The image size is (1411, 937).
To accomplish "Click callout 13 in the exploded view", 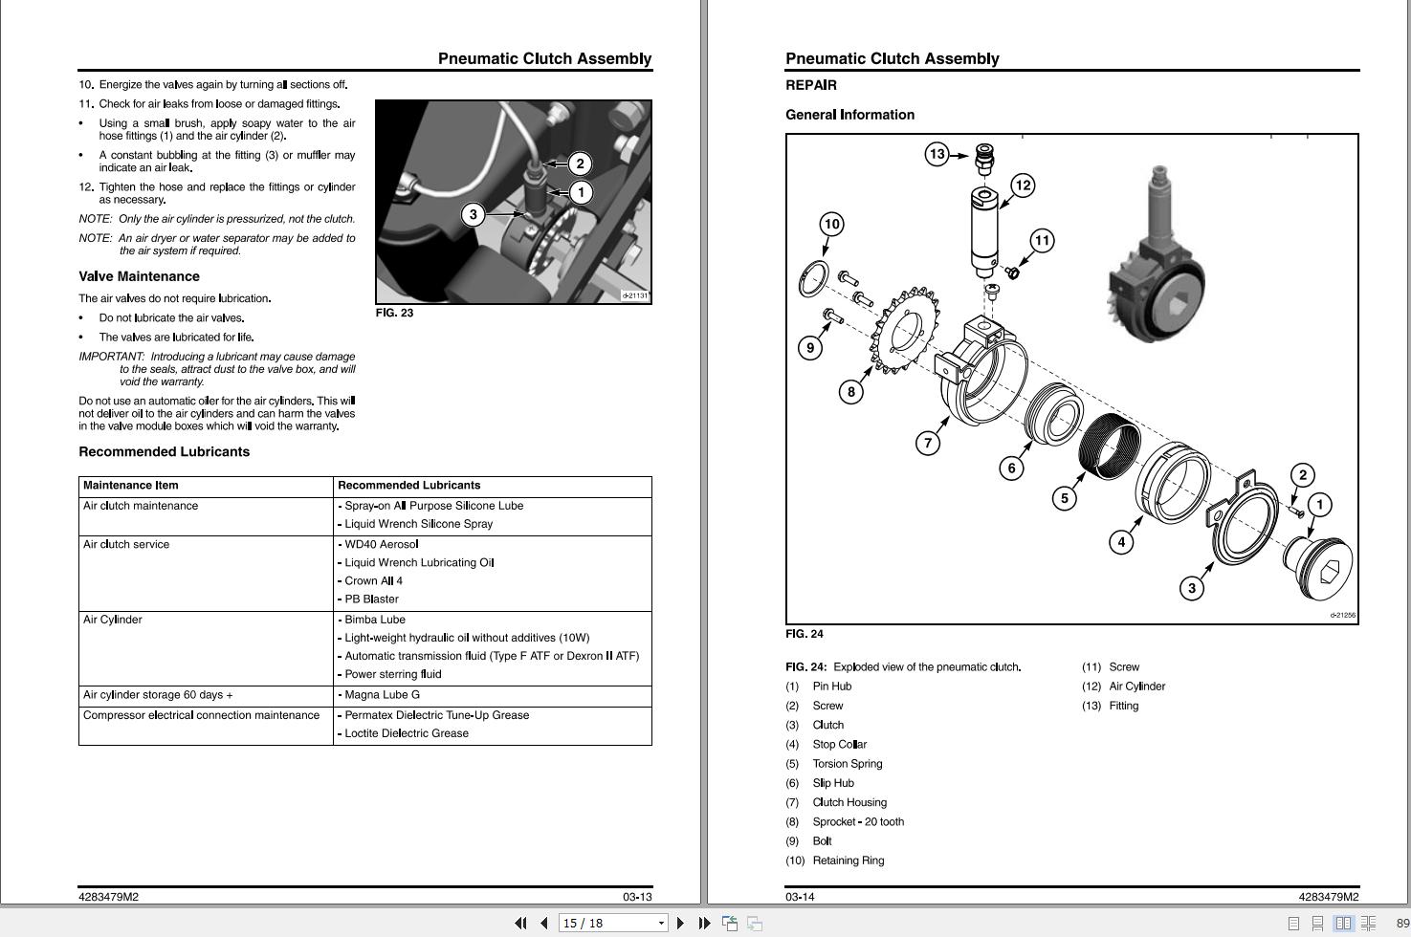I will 937,154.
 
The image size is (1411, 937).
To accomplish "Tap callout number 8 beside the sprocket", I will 851,391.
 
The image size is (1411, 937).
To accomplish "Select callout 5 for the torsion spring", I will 1065,498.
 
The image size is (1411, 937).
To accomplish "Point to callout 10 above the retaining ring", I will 831,225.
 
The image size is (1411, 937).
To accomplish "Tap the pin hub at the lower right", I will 1318,566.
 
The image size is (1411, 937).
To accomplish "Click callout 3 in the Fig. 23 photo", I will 473,215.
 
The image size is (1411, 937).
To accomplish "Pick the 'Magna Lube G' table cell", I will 383,695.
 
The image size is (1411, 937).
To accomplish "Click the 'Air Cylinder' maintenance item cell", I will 113,620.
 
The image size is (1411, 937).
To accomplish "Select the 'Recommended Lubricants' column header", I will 409,486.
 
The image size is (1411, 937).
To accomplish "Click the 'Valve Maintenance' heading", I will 139,276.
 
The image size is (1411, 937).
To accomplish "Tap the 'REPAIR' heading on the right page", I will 811,85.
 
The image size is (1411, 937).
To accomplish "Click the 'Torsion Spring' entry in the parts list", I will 848,764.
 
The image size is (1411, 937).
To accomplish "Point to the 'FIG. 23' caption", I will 394,313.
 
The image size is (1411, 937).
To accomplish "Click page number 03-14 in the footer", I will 800,897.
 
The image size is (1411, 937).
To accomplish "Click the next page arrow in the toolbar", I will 680,923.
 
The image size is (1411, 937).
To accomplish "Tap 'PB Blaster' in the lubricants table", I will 372,599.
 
